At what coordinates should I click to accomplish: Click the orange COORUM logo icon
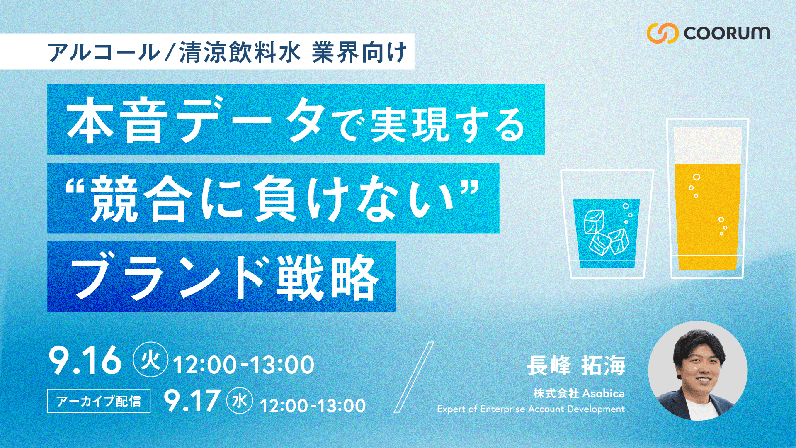662,33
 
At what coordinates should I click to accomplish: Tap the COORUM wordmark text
727,33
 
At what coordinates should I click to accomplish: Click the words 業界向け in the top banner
359,53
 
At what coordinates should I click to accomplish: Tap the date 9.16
85,360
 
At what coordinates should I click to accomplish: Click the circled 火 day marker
150,359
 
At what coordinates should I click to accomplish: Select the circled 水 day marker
240,401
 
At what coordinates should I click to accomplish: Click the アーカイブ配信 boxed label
99,401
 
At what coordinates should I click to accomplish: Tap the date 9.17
192,400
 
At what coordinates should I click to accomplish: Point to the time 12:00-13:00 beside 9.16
243,365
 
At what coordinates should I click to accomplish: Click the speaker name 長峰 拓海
576,365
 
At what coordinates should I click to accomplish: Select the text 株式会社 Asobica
579,393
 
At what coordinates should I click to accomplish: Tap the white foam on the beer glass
708,145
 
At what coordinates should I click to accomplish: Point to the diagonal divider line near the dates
413,377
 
